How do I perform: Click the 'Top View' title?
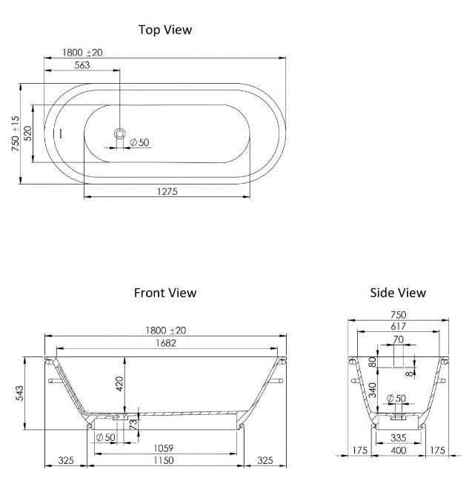164,30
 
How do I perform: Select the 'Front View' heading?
164,293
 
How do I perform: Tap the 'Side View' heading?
398,293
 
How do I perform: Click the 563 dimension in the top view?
82,65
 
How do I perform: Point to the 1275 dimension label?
167,191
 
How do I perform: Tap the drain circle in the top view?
119,134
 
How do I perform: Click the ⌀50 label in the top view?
139,142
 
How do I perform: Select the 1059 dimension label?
164,448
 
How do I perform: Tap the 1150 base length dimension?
164,461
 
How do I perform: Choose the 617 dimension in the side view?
398,326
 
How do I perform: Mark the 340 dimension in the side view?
372,388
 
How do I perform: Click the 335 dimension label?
398,438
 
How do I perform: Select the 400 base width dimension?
398,451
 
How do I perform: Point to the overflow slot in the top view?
61,134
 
